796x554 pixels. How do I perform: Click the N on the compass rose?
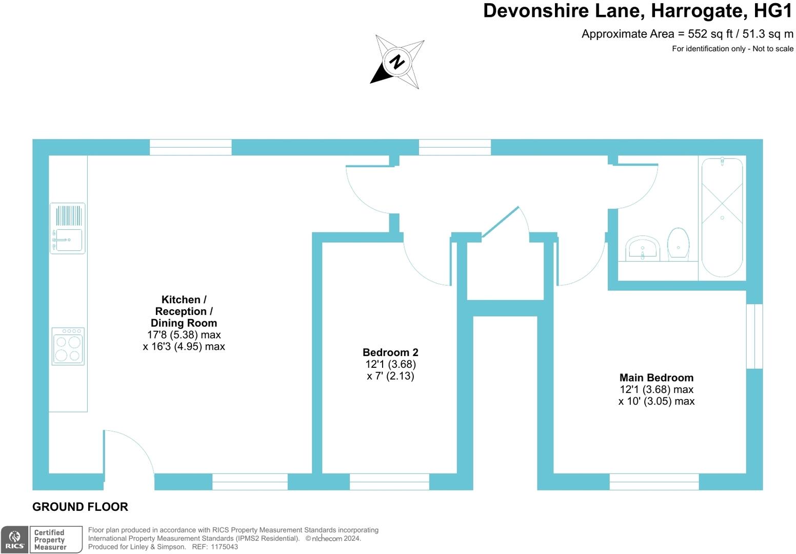tap(397, 62)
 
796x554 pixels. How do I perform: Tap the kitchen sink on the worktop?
tap(68, 228)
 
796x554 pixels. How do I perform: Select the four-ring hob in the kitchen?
tap(68, 346)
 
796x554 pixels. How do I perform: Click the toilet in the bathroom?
tap(679, 244)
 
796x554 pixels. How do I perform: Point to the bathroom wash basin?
tap(643, 248)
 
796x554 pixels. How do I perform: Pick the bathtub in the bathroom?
tap(722, 217)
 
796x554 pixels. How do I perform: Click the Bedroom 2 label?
tap(390, 352)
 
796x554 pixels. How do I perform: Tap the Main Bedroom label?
tap(656, 378)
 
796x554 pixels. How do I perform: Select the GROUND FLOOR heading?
tap(81, 507)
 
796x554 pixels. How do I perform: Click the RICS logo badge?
tap(14, 540)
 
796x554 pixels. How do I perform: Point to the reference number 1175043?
tap(224, 547)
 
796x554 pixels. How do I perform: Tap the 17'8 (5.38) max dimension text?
tap(184, 335)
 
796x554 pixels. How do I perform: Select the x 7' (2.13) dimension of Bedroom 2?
tap(390, 376)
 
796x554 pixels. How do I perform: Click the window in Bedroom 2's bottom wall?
tap(389, 482)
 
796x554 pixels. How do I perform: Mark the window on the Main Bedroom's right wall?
tap(754, 336)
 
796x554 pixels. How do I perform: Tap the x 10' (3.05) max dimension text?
tap(656, 401)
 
